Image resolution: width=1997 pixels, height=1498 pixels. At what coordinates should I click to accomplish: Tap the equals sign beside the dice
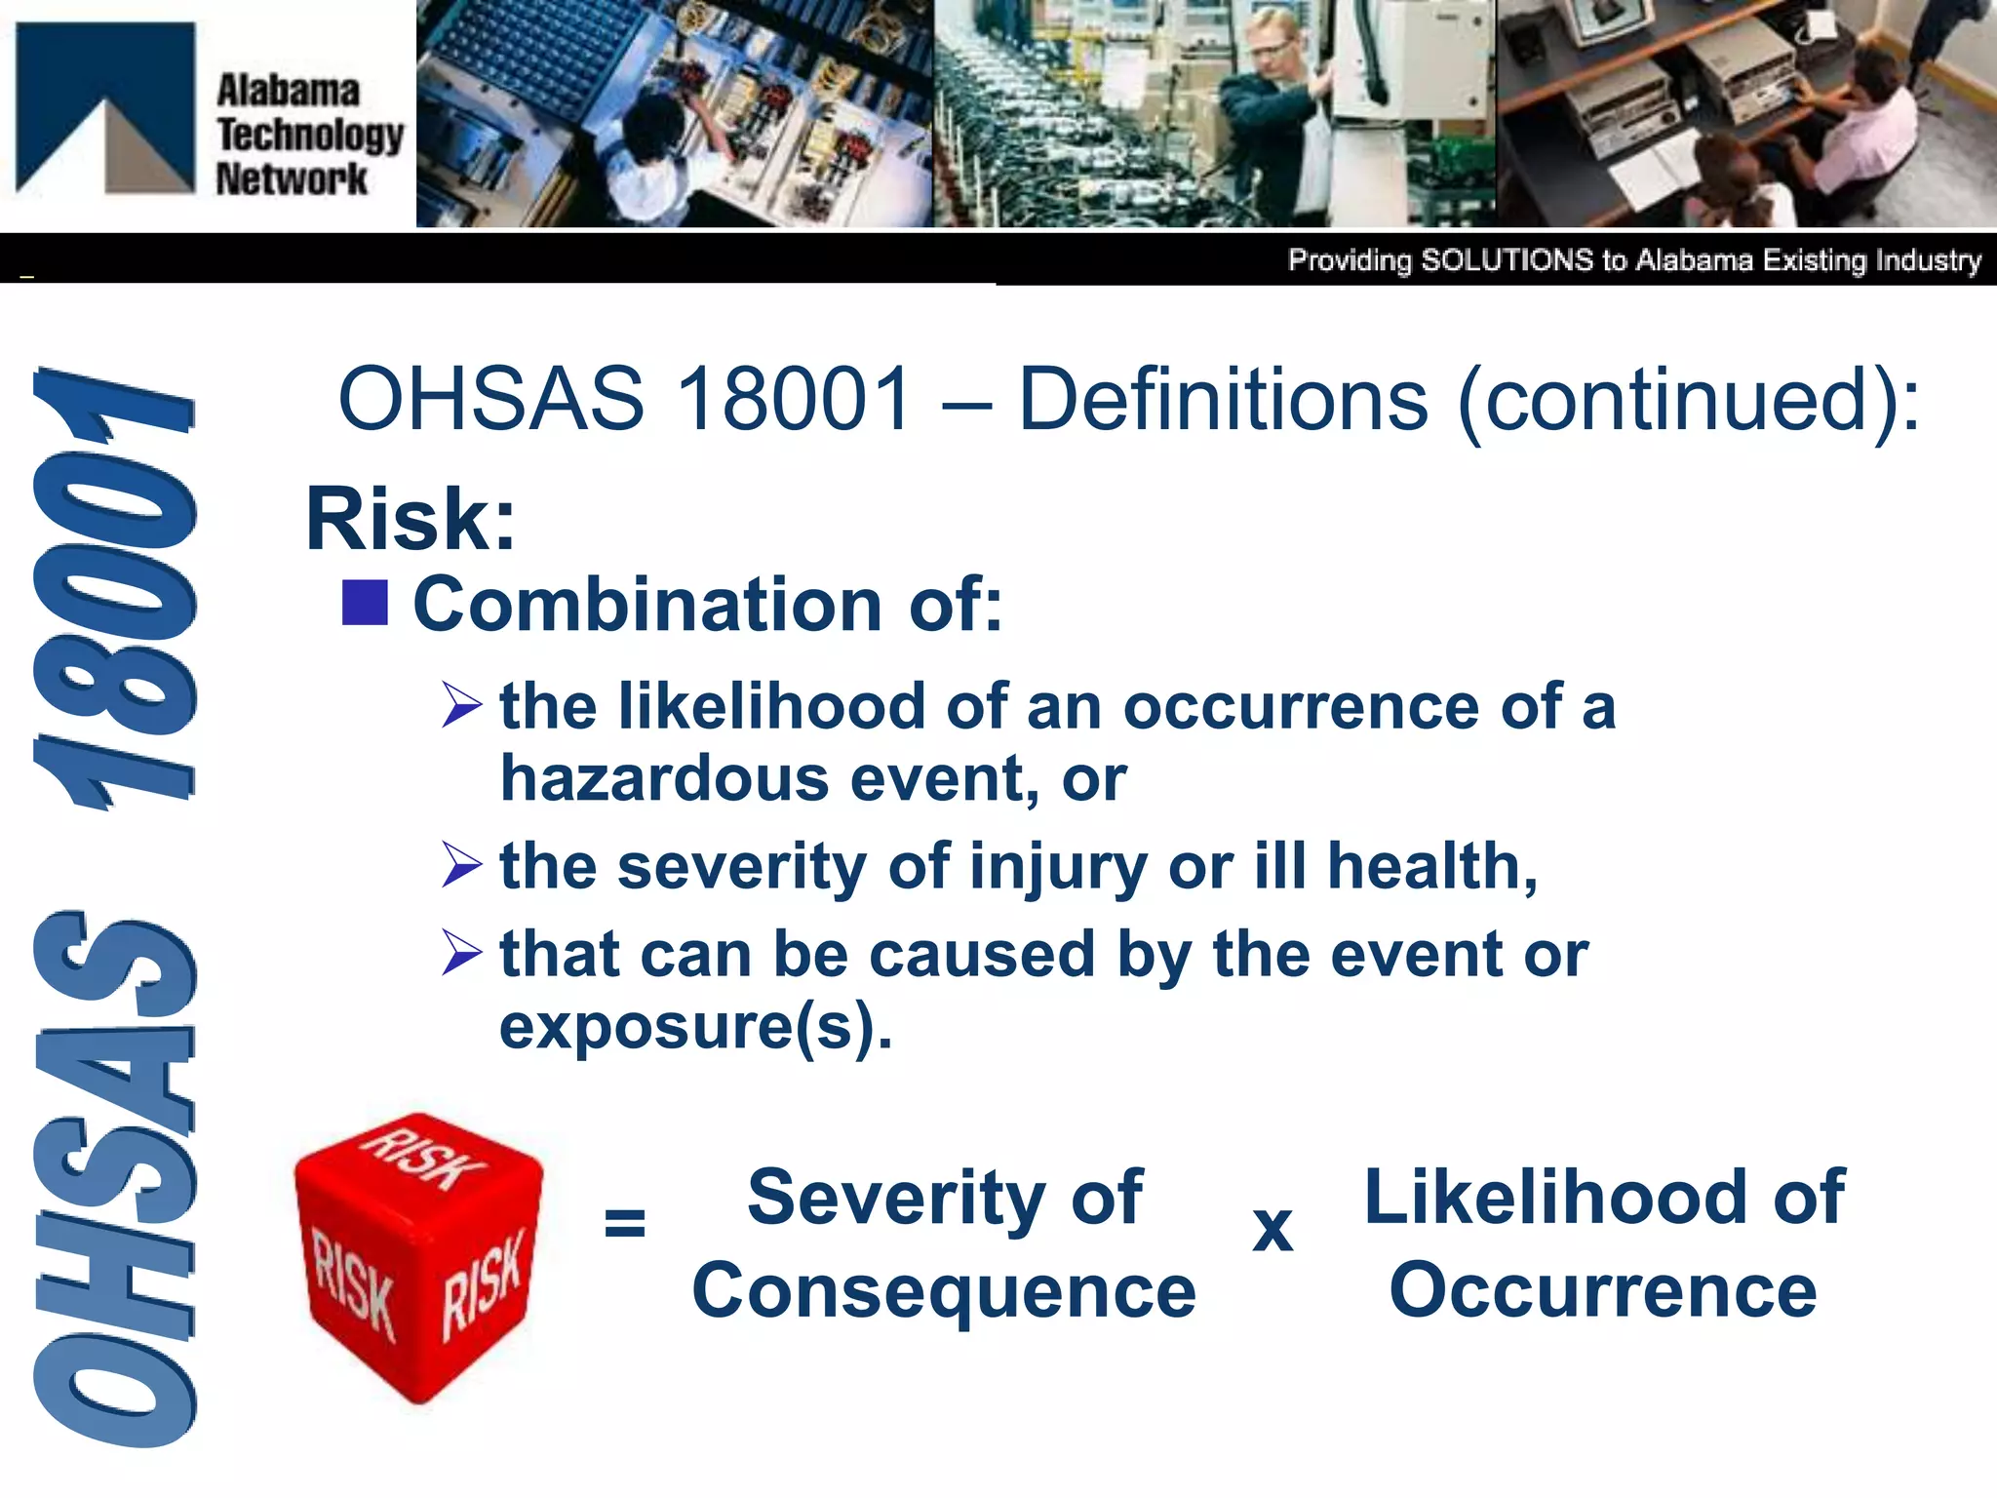[624, 1221]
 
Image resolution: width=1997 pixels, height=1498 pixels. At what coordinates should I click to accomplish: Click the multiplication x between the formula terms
[1273, 1229]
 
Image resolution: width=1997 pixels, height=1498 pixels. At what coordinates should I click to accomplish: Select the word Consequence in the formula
[943, 1290]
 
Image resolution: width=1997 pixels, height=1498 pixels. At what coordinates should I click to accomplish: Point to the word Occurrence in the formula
[1603, 1290]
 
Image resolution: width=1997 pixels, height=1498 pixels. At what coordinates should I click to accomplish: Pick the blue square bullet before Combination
[365, 603]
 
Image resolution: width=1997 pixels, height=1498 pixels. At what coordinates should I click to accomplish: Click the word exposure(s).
[695, 1027]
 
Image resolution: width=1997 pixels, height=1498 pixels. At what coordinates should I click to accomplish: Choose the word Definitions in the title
[1223, 399]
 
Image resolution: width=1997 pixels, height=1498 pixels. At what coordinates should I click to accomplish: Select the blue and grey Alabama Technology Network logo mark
[105, 107]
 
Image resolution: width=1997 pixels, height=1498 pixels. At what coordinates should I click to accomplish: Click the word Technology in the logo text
[310, 135]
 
